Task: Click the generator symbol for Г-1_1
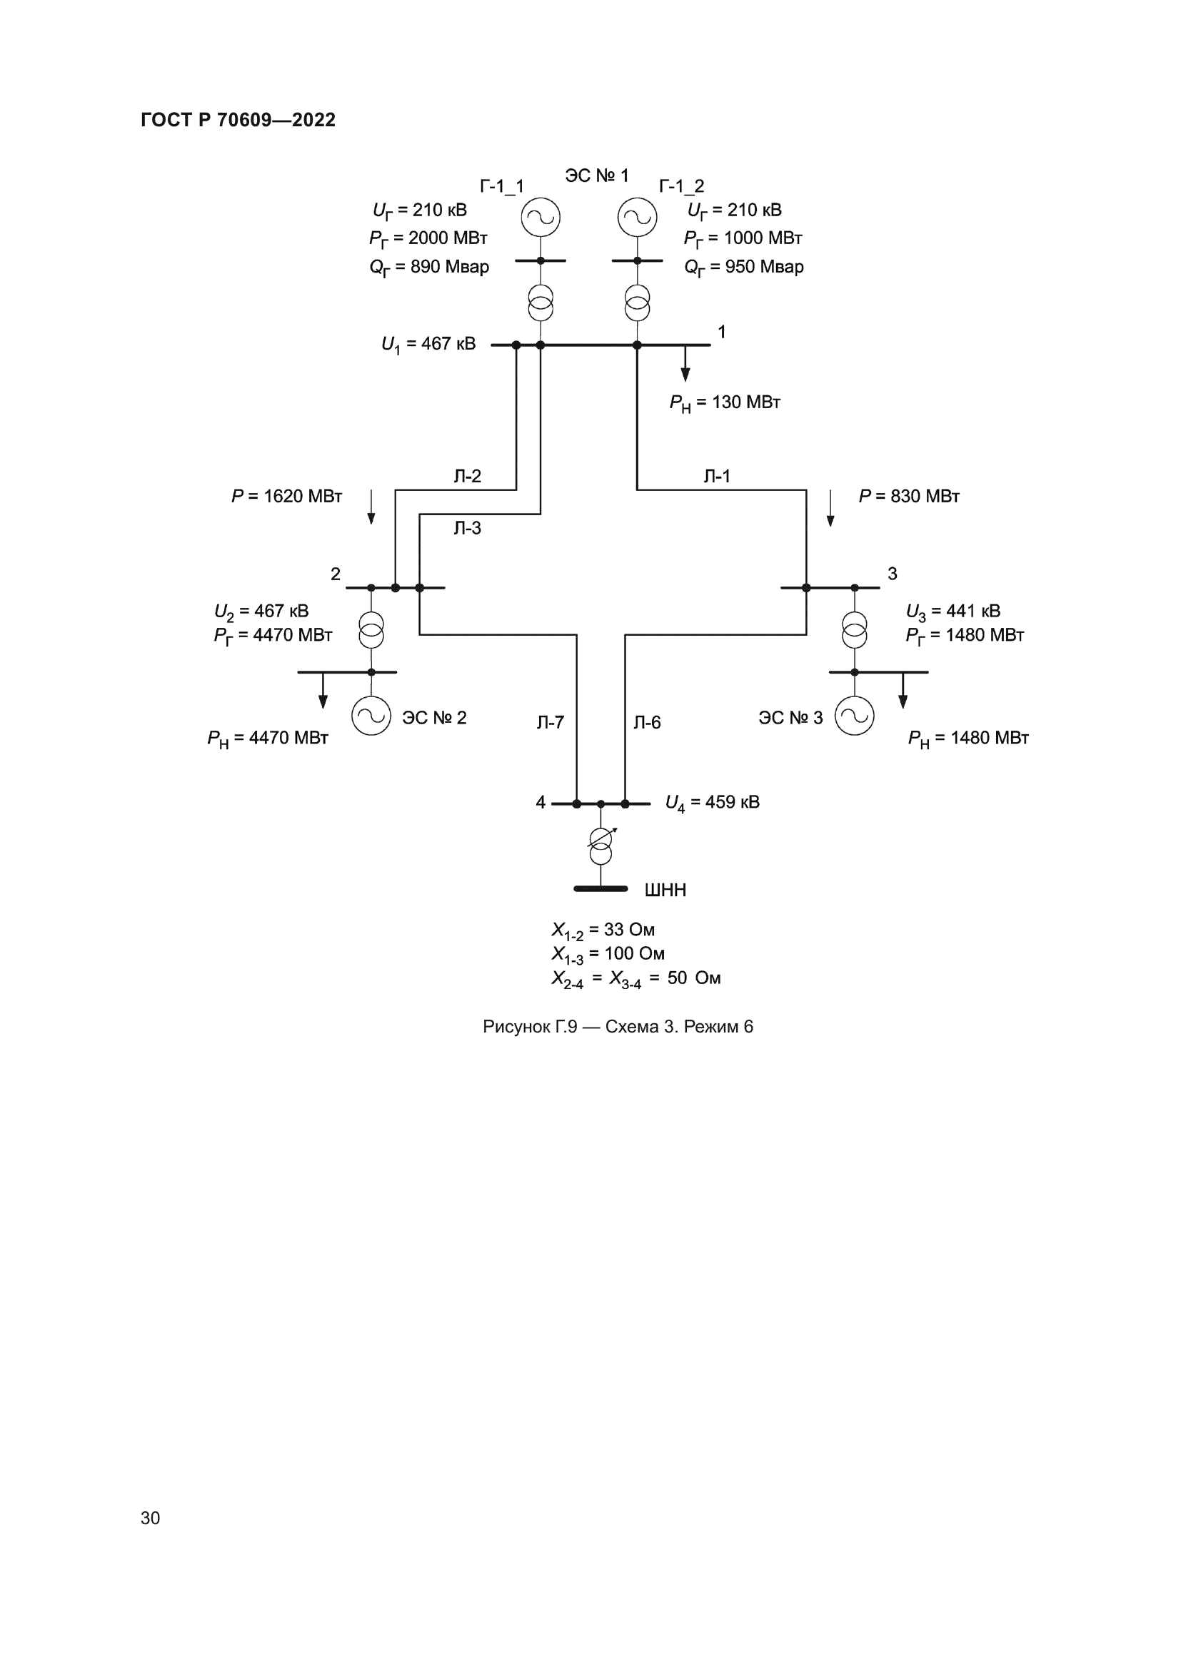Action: (541, 218)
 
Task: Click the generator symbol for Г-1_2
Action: (637, 218)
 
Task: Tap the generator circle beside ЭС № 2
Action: (371, 716)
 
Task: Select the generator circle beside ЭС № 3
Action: (855, 716)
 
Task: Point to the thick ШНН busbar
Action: (600, 888)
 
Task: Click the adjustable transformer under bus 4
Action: (600, 846)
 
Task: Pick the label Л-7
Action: (551, 723)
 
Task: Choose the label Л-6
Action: (647, 723)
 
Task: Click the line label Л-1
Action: (717, 476)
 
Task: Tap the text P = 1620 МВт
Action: (286, 497)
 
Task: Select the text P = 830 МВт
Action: (909, 497)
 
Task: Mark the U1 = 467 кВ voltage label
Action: (428, 345)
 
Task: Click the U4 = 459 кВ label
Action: (713, 803)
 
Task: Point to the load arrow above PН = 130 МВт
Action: (685, 364)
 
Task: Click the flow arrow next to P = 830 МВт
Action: (830, 508)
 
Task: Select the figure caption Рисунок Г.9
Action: (618, 1026)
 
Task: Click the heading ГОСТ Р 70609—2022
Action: (238, 120)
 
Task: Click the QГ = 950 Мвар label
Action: (744, 268)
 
